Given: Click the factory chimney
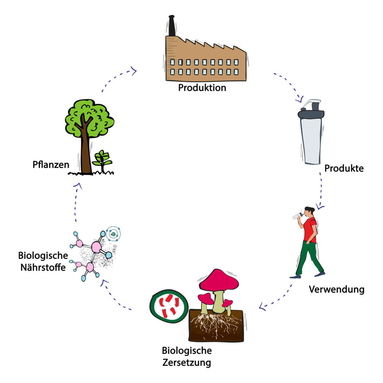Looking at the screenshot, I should (x=172, y=26).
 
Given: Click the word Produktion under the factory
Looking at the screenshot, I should (x=202, y=88).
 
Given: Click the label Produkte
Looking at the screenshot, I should (x=344, y=168).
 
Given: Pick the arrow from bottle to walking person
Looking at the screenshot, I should (x=320, y=191).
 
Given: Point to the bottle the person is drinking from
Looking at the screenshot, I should (x=297, y=216).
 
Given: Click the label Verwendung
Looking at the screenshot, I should (x=336, y=289).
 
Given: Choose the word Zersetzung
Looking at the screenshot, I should (x=187, y=362).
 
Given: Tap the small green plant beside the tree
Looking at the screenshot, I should (x=102, y=158).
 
